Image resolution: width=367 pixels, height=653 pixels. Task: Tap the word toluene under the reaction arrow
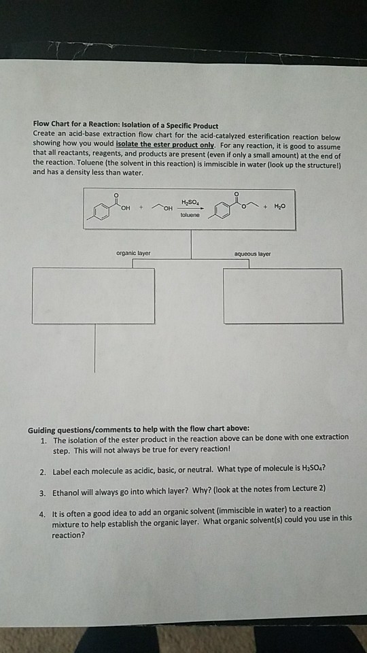(191, 214)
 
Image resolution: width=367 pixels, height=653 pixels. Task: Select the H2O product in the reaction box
(281, 207)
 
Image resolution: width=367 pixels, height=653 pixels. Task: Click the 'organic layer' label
(133, 253)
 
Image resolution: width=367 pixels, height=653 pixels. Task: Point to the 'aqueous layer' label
(252, 253)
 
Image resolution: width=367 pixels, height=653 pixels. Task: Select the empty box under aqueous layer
(283, 296)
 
